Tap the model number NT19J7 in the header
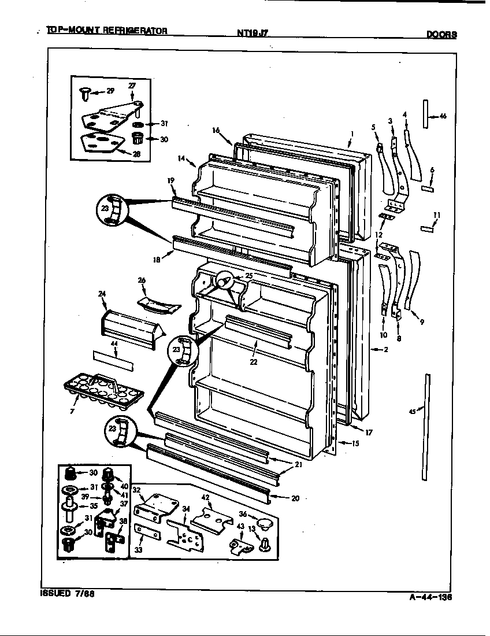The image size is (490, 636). (x=253, y=34)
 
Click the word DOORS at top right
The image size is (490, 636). (x=441, y=34)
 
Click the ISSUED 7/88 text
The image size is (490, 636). (x=67, y=594)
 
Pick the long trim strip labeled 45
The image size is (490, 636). (x=426, y=427)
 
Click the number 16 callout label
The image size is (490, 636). (x=216, y=131)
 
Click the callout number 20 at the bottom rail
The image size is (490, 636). (x=295, y=498)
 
